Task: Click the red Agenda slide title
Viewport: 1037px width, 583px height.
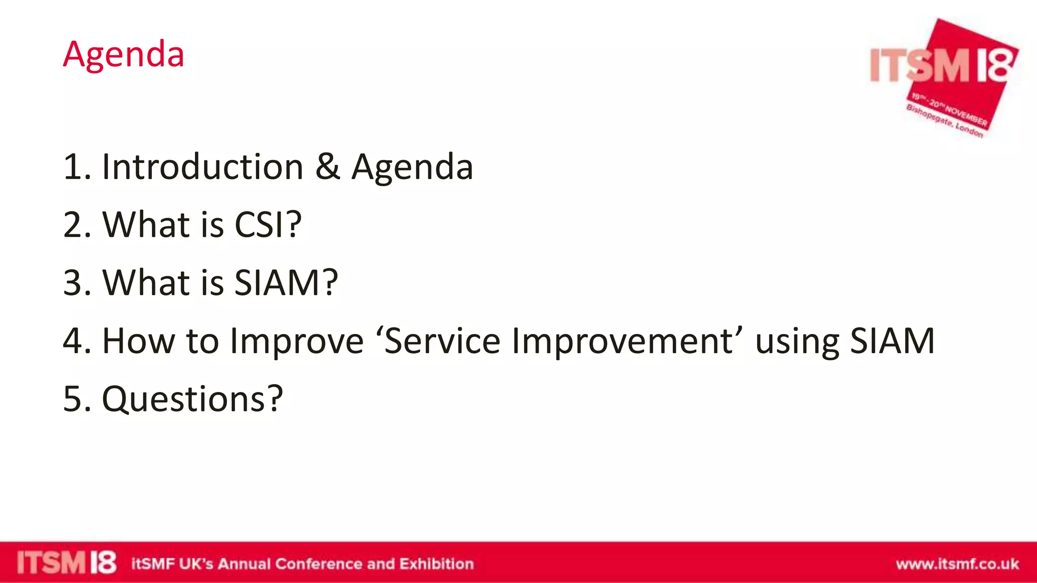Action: tap(123, 54)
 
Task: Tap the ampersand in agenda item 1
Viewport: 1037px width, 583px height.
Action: tap(328, 166)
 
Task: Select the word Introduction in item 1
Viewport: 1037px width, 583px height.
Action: tap(203, 166)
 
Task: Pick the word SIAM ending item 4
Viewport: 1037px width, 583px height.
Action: tap(892, 341)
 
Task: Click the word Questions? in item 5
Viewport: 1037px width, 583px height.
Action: tap(192, 399)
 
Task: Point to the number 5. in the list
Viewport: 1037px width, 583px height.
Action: tap(77, 399)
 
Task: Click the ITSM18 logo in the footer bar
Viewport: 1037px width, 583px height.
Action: tap(66, 563)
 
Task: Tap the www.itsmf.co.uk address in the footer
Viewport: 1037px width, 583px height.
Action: tap(957, 564)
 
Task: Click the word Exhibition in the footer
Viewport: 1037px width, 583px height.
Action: tap(436, 564)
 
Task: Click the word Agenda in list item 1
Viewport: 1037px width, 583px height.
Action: tap(412, 168)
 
